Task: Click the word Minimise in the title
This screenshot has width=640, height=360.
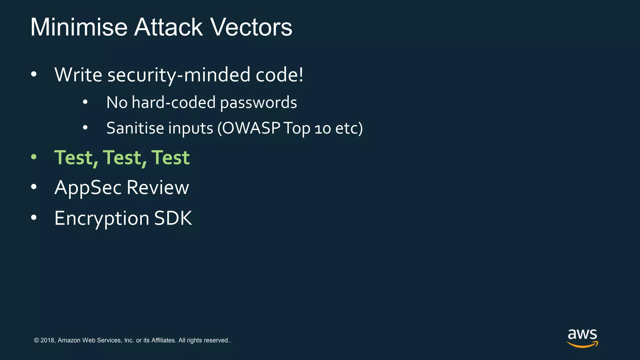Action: tap(79, 27)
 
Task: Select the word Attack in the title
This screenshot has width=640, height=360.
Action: tap(168, 27)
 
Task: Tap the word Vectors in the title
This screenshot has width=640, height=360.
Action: tap(251, 27)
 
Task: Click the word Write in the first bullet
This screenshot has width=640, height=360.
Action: tap(78, 75)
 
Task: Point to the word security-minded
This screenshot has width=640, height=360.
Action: tap(179, 75)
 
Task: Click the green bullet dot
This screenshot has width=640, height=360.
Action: tap(34, 157)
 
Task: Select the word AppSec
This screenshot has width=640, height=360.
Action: tap(88, 188)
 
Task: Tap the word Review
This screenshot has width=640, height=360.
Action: tap(158, 187)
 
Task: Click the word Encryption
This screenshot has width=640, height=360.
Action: tap(102, 218)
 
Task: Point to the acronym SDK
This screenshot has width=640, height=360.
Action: tap(173, 218)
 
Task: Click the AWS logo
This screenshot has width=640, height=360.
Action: tap(582, 338)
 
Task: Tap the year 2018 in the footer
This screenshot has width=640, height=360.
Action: tap(47, 340)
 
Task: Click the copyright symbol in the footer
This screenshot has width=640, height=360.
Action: tap(36, 340)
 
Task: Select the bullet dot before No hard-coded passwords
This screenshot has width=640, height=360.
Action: tap(85, 102)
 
